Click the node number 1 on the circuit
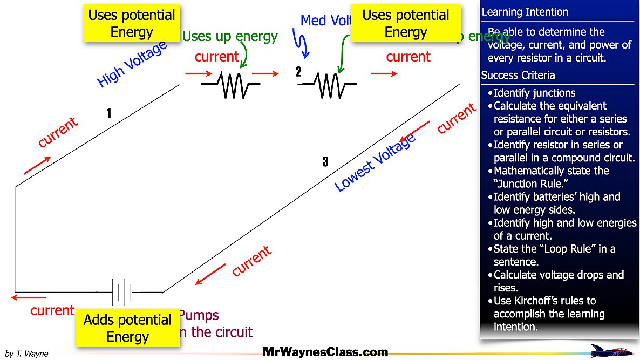pyautogui.click(x=109, y=113)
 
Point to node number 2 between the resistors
pyautogui.click(x=298, y=72)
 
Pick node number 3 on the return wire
pyautogui.click(x=325, y=161)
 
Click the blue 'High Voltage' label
pyautogui.click(x=131, y=65)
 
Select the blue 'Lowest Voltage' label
pyautogui.click(x=375, y=162)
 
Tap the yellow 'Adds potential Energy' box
pyautogui.click(x=127, y=328)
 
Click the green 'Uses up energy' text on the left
pyautogui.click(x=229, y=37)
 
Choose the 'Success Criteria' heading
pyautogui.click(x=518, y=75)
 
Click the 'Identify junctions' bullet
pyautogui.click(x=534, y=93)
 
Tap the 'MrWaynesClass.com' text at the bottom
pyautogui.click(x=325, y=352)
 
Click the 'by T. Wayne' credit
pyautogui.click(x=26, y=354)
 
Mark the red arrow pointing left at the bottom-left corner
pyautogui.click(x=29, y=297)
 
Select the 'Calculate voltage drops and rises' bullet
pyautogui.click(x=558, y=281)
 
